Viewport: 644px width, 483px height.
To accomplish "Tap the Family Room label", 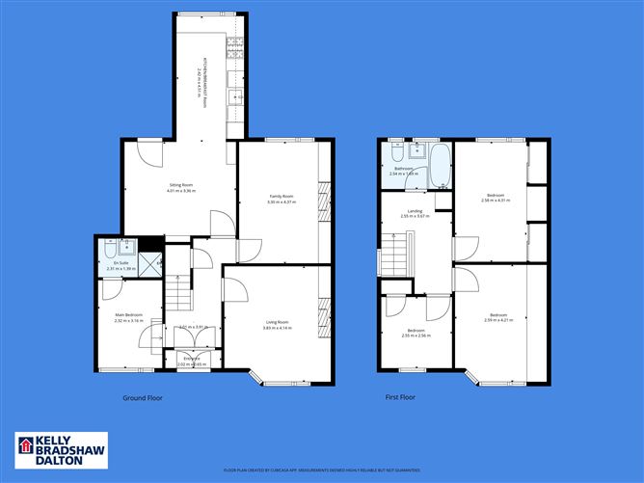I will click(x=281, y=196).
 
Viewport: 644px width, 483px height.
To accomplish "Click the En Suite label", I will click(x=121, y=262).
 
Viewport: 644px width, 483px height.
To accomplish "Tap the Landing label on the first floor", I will click(x=415, y=210).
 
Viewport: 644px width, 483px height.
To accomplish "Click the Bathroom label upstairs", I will click(x=403, y=169).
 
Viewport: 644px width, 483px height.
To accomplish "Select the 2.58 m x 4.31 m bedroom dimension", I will click(x=496, y=201).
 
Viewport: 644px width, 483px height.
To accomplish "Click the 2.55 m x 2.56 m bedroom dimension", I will click(x=416, y=335).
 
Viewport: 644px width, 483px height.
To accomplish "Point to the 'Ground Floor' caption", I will click(x=141, y=397).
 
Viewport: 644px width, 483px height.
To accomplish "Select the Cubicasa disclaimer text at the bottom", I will click(x=322, y=470).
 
